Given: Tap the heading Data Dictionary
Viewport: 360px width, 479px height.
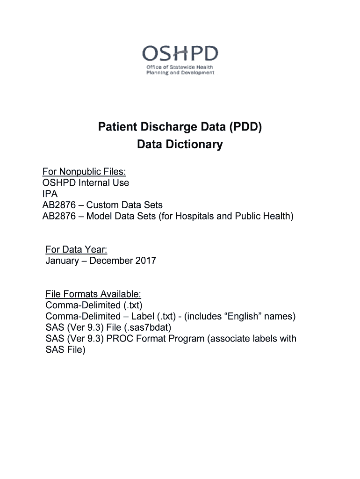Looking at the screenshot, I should (180, 145).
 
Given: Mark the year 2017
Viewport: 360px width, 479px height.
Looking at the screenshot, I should (145, 261).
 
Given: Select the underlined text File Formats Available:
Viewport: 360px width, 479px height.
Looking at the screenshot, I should (93, 294).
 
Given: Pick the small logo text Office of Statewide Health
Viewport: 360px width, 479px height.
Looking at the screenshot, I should (180, 67).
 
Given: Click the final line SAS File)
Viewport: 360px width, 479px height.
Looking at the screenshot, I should (65, 350).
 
